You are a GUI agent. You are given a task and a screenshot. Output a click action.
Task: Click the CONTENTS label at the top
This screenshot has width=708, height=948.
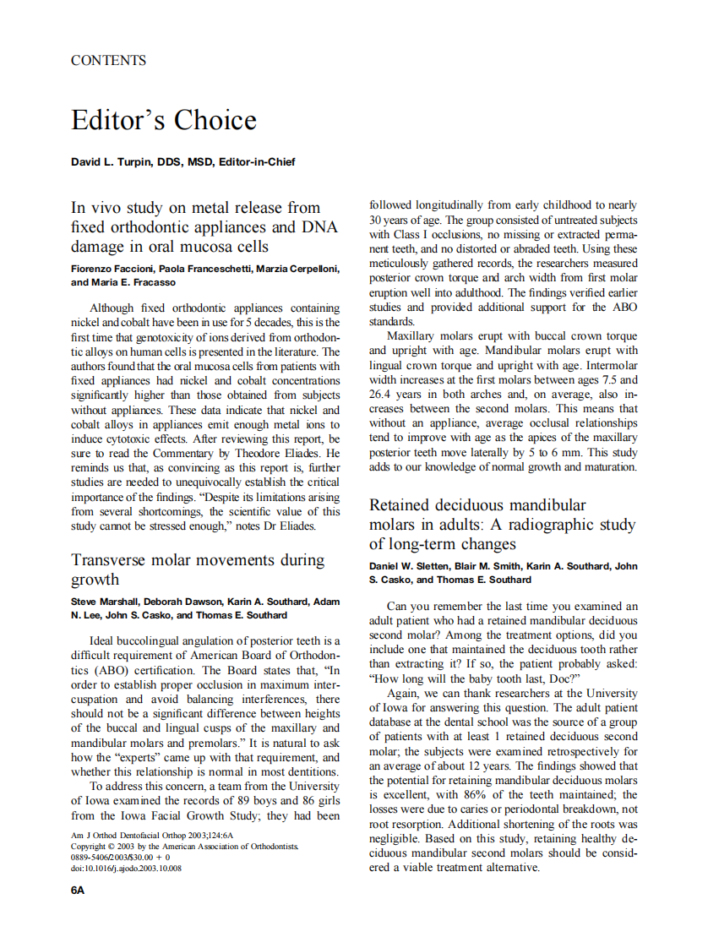point(108,60)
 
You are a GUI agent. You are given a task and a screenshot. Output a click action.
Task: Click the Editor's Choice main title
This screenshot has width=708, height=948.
point(163,120)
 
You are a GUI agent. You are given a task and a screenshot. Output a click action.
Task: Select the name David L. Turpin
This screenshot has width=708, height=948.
point(112,161)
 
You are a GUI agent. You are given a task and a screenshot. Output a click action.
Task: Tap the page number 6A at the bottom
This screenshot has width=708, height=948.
point(78,890)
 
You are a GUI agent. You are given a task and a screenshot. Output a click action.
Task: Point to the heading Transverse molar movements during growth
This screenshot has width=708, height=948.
point(198,569)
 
